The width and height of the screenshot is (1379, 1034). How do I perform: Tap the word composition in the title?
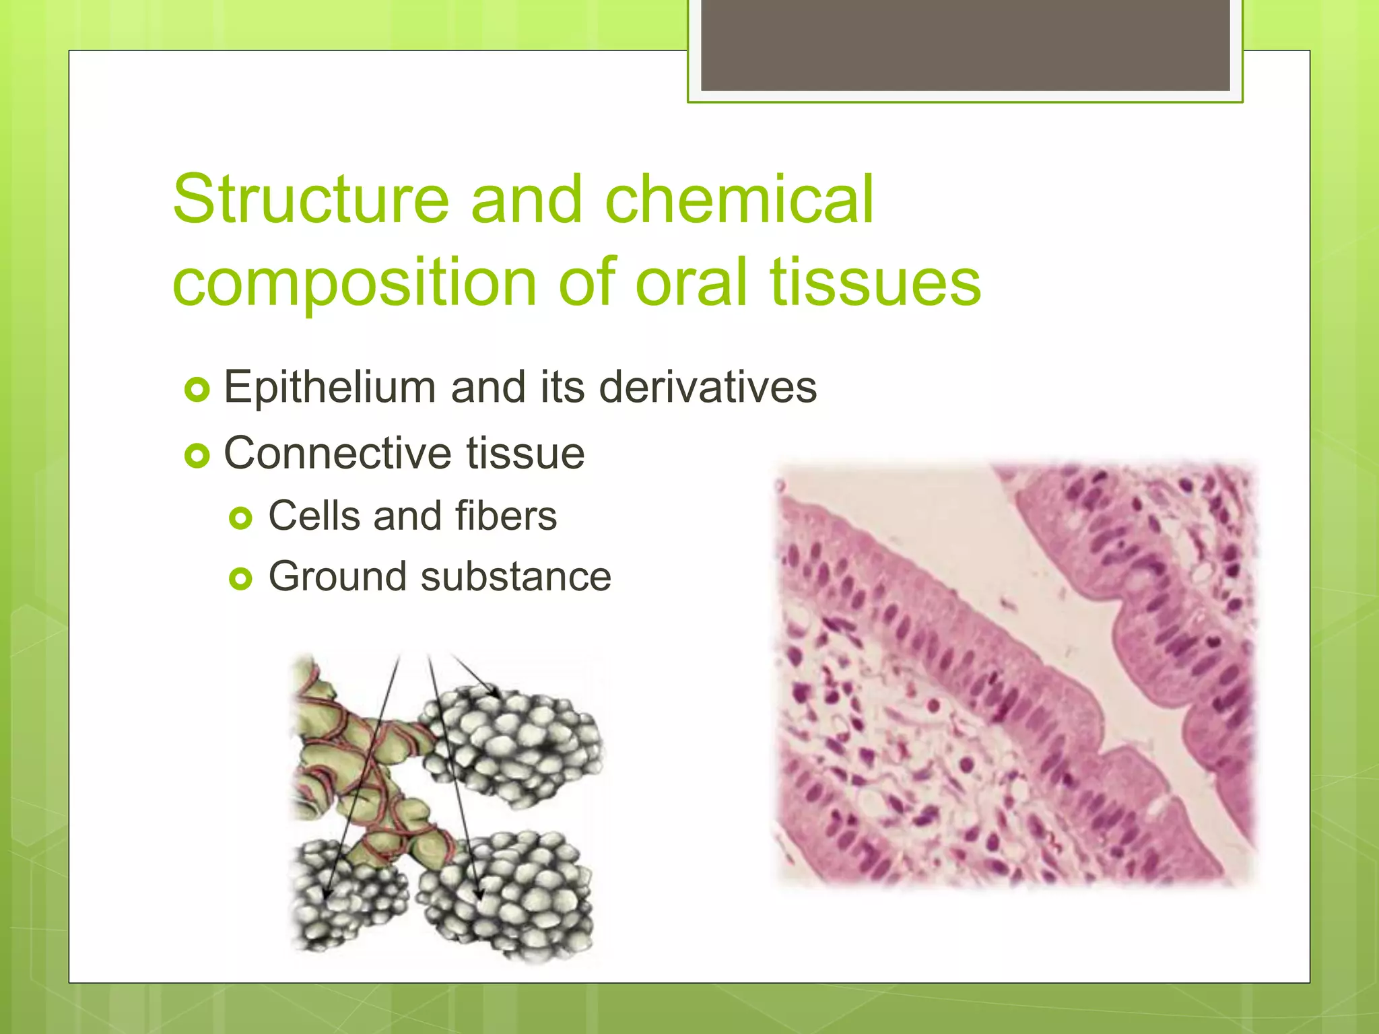(x=354, y=283)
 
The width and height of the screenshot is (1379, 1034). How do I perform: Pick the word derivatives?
(x=708, y=388)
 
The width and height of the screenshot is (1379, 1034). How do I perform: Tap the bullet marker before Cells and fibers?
(x=241, y=518)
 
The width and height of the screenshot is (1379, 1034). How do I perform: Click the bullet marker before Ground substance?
(x=241, y=579)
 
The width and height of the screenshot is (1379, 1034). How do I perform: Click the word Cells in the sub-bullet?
(x=313, y=516)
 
